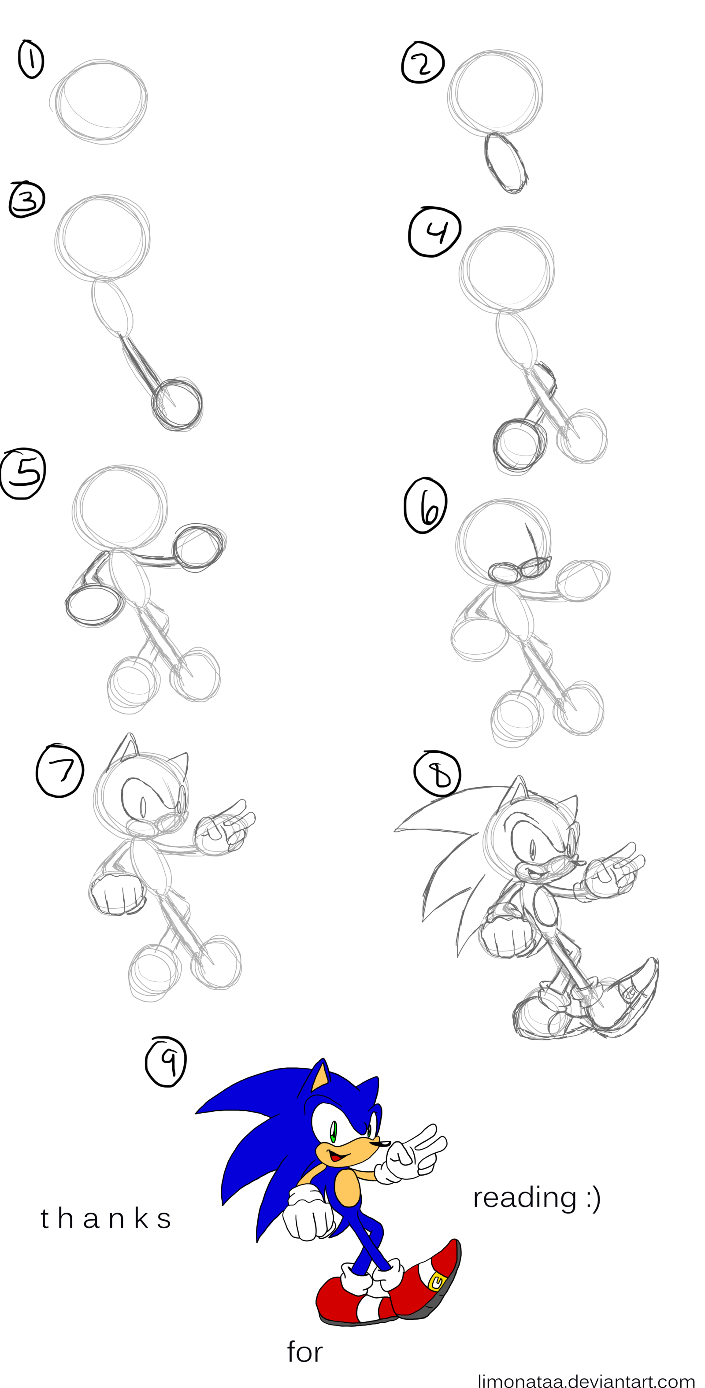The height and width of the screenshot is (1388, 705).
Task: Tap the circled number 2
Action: [x=423, y=62]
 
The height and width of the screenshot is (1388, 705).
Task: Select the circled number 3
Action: [x=26, y=200]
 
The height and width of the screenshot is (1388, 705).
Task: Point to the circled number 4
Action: [x=435, y=232]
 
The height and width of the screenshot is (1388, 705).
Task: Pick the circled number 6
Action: [x=425, y=505]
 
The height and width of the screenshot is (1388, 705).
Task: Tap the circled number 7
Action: [x=60, y=770]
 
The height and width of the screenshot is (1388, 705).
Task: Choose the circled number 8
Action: [x=437, y=773]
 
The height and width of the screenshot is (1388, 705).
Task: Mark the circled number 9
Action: [x=166, y=1062]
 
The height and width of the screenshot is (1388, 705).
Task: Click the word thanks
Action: [x=106, y=1218]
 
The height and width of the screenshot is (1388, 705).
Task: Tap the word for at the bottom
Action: [x=304, y=1352]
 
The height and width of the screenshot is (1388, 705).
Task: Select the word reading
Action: [x=524, y=1198]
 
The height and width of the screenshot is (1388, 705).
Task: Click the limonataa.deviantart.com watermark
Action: [x=586, y=1380]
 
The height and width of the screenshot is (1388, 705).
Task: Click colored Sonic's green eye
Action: [x=334, y=1130]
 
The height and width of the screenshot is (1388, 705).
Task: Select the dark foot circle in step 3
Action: [x=177, y=404]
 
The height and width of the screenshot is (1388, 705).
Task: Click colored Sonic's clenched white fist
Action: [x=308, y=1221]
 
